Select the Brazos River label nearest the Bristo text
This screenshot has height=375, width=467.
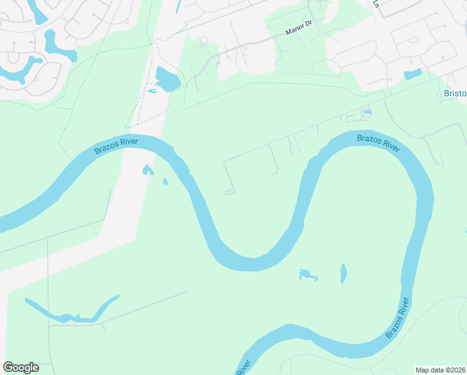point(378,142)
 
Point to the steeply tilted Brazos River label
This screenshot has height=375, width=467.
point(397,317)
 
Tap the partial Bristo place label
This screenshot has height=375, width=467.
point(455,93)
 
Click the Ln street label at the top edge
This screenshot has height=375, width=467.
point(376,3)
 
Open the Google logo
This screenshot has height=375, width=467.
point(21,367)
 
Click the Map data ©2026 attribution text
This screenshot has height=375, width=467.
point(441,369)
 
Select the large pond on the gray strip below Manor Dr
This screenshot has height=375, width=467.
point(167,79)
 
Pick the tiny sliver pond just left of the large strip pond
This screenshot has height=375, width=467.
point(152,91)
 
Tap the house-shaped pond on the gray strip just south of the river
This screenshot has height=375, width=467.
point(147,170)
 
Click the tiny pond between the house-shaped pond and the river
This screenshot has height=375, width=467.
point(165,182)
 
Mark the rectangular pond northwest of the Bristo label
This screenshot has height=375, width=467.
point(413,75)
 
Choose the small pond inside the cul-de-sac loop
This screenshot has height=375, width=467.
point(366,112)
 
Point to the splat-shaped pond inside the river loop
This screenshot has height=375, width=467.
point(307,274)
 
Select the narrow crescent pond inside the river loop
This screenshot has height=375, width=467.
point(343,273)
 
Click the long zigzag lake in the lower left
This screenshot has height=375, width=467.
point(72,312)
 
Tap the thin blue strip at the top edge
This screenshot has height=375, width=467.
point(179,6)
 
